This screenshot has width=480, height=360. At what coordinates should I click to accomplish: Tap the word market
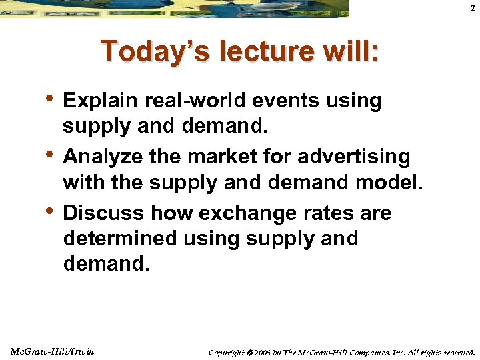225,157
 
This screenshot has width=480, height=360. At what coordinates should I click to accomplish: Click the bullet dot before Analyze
53,155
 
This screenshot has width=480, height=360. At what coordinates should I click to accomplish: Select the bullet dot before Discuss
53,211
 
